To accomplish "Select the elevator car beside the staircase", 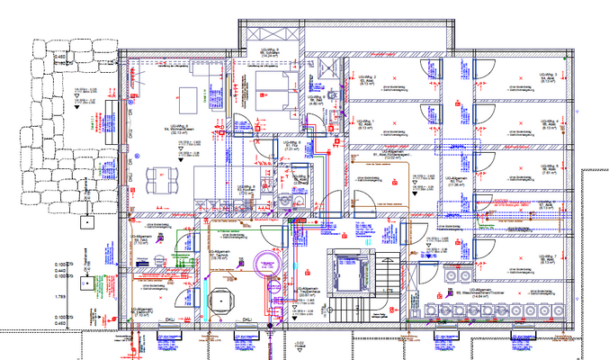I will pyautogui.click(x=348, y=271).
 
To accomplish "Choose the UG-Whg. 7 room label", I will pyautogui.click(x=548, y=258).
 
